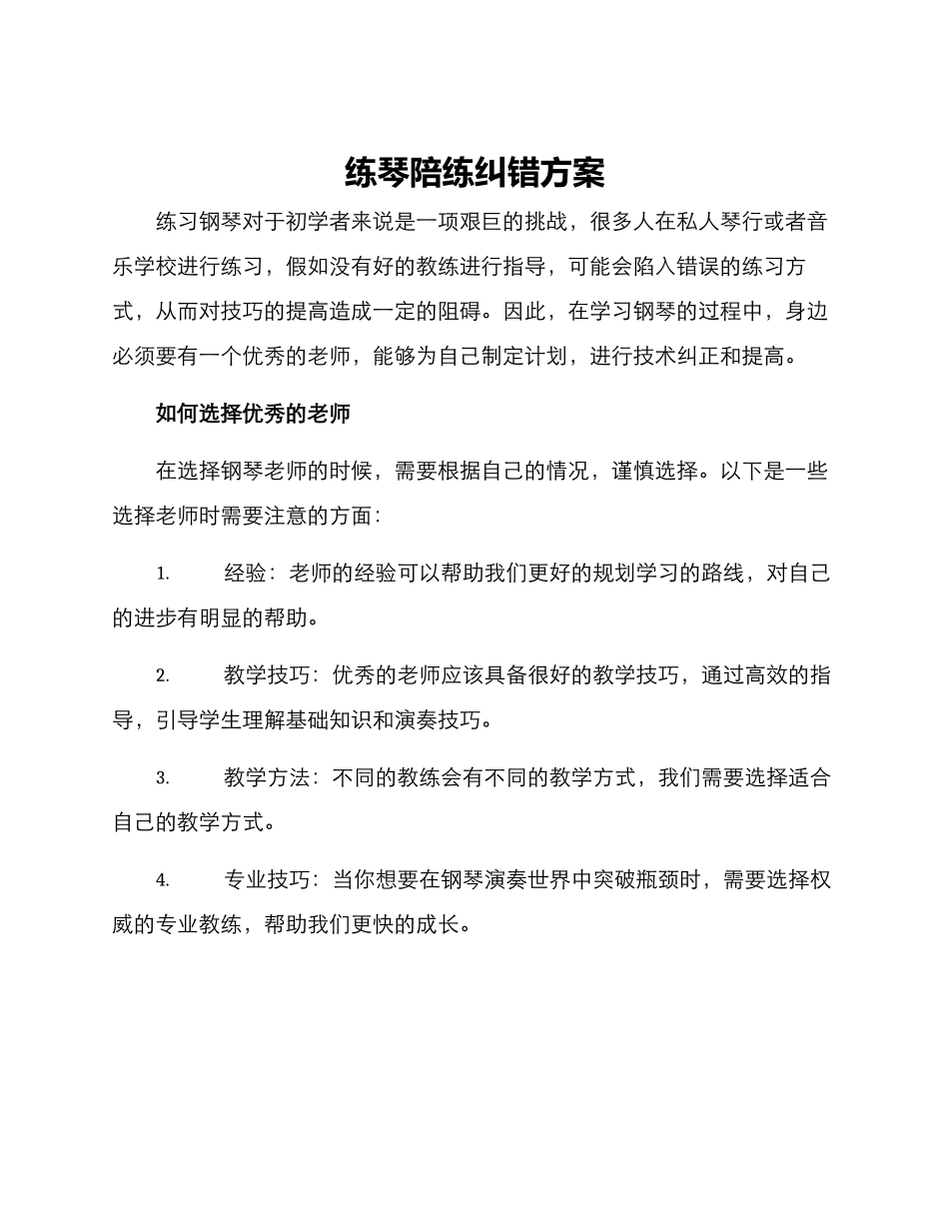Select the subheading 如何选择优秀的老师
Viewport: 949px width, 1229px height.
click(x=253, y=414)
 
